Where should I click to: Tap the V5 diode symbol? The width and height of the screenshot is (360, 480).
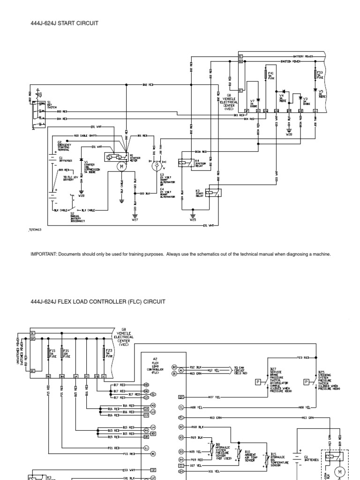point(315,90)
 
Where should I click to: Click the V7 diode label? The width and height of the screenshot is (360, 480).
point(253,101)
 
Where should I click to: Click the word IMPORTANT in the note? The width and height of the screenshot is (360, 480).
point(43,255)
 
